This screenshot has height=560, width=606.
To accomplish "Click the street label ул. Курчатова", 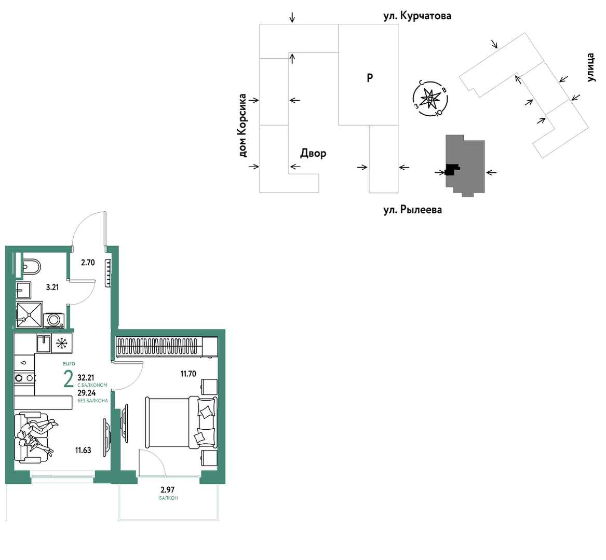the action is (x=417, y=16).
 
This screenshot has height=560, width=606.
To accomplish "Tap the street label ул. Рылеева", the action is (x=412, y=210).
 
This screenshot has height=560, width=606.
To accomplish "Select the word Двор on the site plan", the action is (x=313, y=153).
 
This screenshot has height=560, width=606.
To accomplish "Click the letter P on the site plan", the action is (x=370, y=78).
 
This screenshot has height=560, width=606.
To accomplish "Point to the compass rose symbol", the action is (x=430, y=99).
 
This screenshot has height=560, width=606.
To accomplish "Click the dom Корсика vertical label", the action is (x=243, y=126).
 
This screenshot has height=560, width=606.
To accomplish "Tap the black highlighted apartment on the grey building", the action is (x=451, y=169).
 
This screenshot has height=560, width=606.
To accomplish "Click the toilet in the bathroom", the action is (x=30, y=266).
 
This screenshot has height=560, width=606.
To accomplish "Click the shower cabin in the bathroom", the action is (x=29, y=315).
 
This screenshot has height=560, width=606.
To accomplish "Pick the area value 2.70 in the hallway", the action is (x=88, y=263).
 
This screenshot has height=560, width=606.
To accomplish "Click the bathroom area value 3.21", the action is (x=52, y=288).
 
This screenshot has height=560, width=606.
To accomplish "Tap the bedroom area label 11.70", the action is (x=188, y=374).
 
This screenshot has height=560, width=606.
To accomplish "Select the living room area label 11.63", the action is (x=83, y=450).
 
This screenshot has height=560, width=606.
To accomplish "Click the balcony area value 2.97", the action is (x=168, y=490).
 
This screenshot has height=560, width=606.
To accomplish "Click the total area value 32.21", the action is (x=86, y=377).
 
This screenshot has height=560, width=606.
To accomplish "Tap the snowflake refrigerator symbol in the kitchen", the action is (x=62, y=344).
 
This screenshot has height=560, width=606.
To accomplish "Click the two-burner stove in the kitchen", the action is (x=24, y=378).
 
